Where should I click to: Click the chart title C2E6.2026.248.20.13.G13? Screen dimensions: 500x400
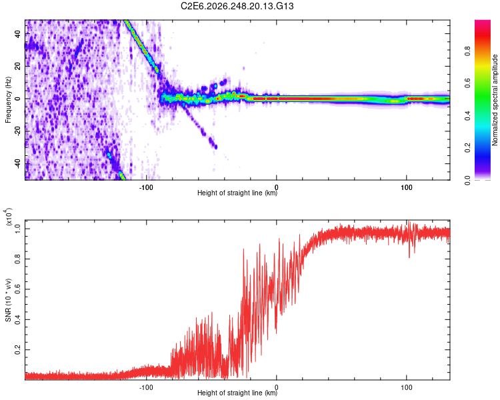pos(237,6)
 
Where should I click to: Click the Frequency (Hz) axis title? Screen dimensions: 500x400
pos(8,100)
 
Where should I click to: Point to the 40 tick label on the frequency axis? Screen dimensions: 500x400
pos(18,33)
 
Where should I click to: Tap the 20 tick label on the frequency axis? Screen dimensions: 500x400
pos(18,66)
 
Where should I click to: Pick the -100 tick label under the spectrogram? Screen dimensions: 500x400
pos(146,187)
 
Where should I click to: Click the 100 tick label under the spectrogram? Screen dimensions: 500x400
pos(406,187)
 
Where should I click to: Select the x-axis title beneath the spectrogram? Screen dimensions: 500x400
pos(237,193)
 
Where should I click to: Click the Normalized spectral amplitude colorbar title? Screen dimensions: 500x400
pos(495,100)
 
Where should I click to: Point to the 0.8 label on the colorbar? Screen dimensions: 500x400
pos(467,51)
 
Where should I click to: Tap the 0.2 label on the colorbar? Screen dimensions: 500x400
pos(467,148)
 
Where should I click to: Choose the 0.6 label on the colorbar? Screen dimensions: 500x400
pos(467,83)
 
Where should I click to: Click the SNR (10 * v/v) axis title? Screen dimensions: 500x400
pos(8,300)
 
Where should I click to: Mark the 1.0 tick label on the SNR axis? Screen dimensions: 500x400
pos(18,229)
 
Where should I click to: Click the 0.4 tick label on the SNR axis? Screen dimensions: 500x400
pos(18,319)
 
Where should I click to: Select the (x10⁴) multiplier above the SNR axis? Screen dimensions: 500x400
pos(8,217)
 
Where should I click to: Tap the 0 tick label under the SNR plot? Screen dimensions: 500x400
pos(276,387)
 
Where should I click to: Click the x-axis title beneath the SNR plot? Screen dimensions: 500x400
pos(237,393)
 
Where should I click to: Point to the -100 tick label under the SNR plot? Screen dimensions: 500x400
pos(146,387)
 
